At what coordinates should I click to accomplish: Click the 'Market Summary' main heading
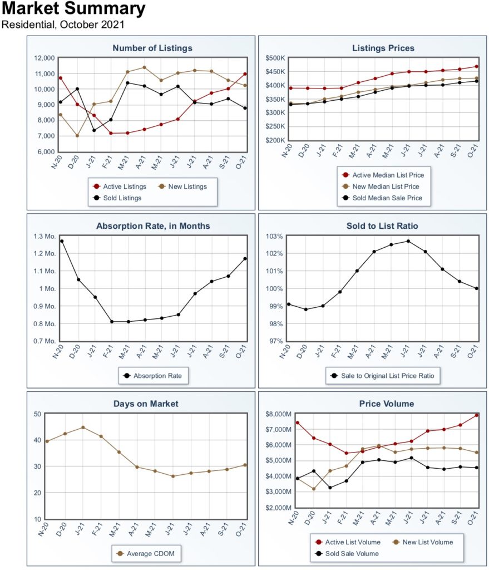(74, 9)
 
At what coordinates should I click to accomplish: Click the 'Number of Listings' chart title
(152, 48)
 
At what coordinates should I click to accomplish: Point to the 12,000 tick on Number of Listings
(43, 58)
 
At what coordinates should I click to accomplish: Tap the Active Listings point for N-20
(60, 78)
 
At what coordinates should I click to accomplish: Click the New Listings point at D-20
(77, 136)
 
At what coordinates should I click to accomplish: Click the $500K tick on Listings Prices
(275, 58)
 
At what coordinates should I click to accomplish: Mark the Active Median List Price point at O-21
(477, 66)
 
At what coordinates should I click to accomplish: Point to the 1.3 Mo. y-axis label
(45, 237)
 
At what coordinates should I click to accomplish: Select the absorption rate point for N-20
(61, 241)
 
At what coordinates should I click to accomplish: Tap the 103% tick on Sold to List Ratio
(275, 237)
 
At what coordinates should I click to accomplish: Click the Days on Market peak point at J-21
(83, 427)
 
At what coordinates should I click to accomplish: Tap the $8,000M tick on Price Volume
(274, 414)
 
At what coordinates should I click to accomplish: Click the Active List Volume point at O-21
(477, 415)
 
